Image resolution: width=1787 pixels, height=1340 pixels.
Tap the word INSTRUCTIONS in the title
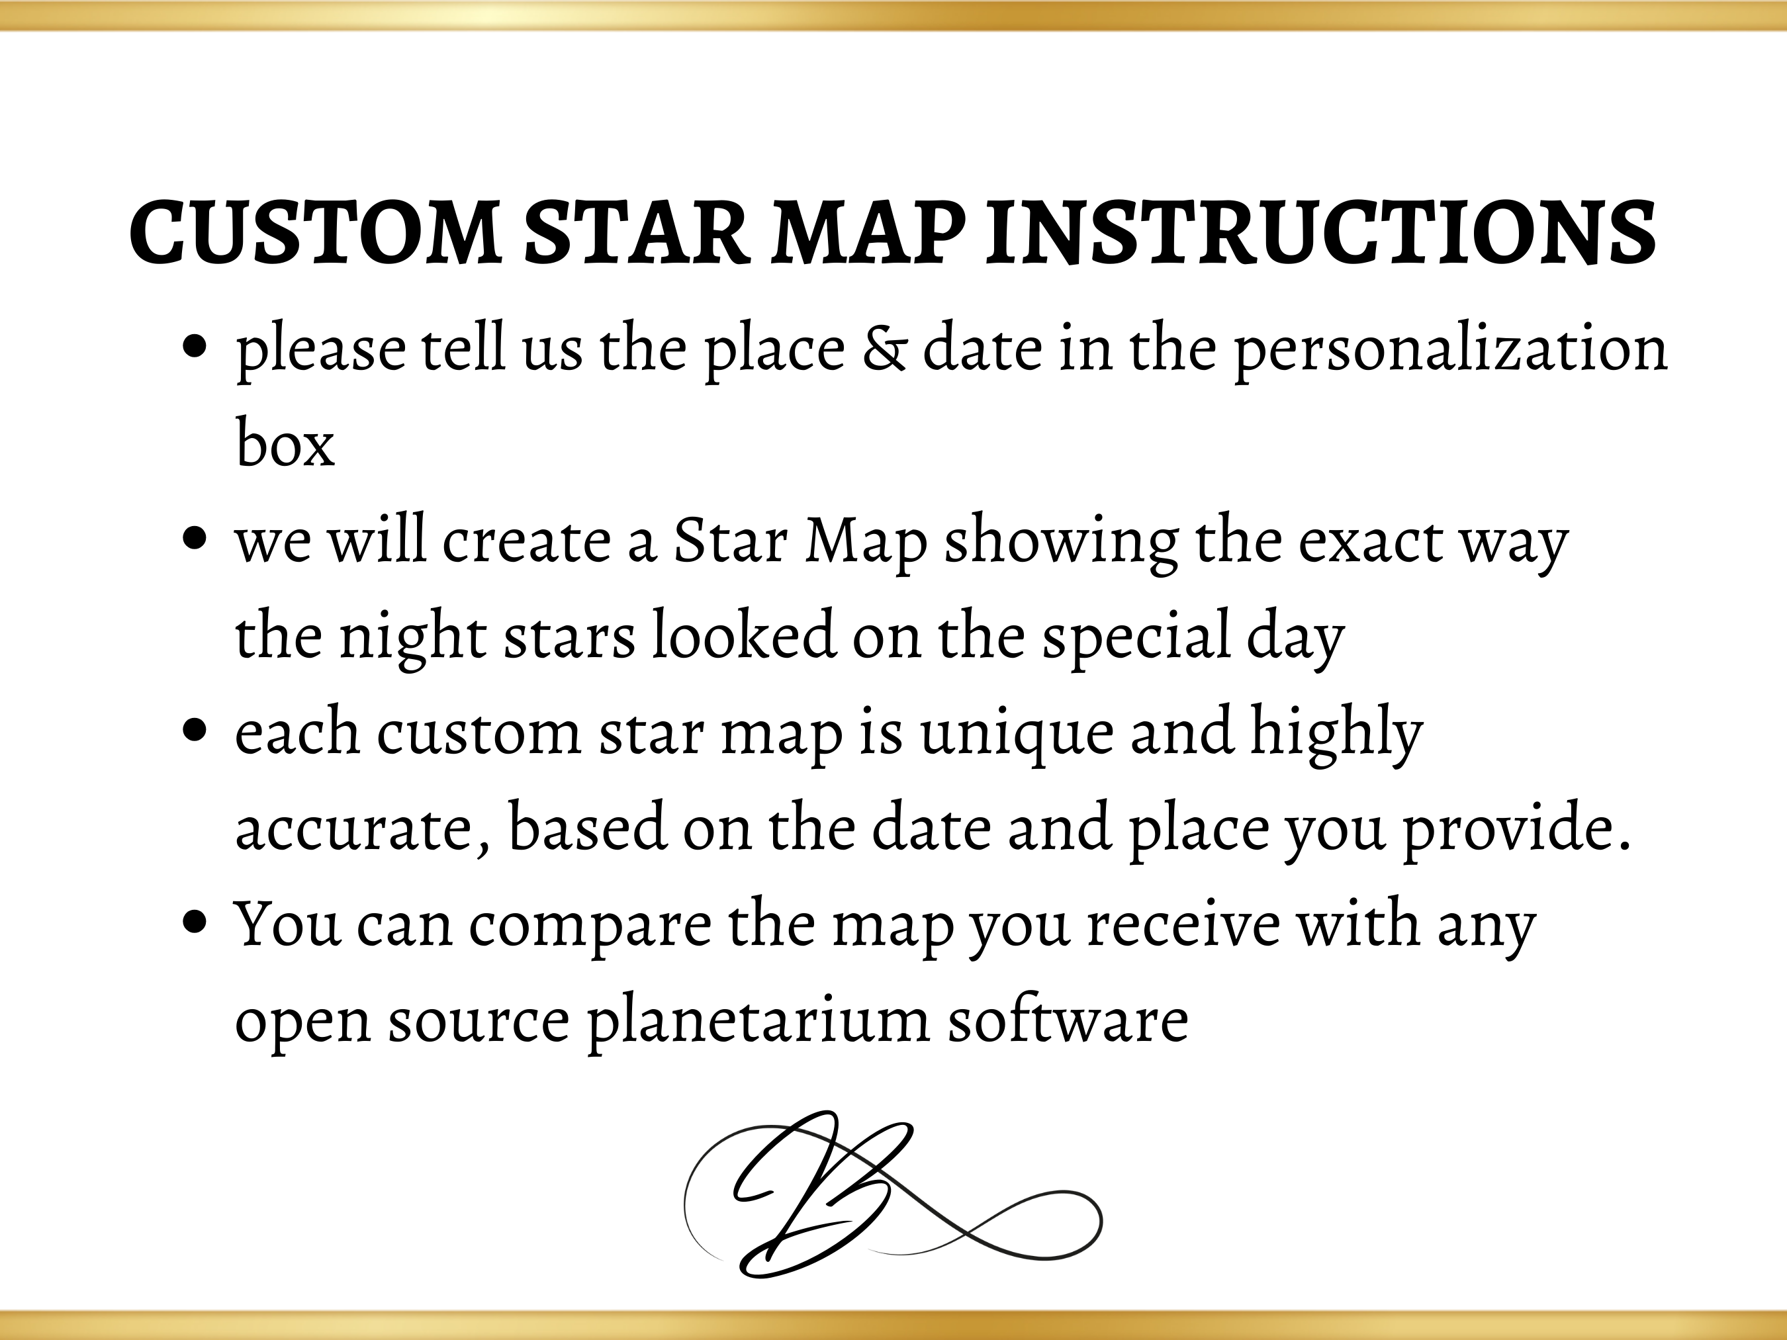(1322, 233)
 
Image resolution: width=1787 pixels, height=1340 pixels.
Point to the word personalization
(1451, 351)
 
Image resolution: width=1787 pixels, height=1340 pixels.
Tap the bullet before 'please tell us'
(194, 348)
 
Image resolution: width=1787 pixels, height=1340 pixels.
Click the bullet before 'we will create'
(194, 539)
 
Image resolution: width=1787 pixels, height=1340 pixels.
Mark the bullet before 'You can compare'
(194, 922)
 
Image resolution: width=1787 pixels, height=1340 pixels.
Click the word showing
(1061, 543)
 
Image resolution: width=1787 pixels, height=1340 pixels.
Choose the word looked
(743, 634)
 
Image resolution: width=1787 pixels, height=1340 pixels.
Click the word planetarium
(758, 1022)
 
